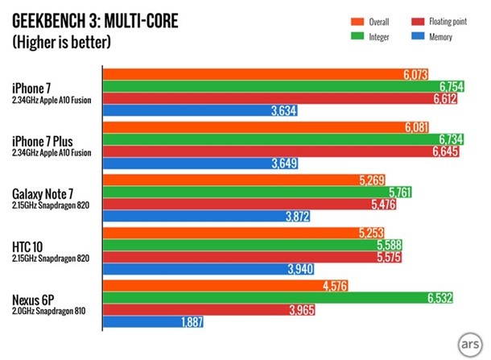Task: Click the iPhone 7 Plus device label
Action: (43, 141)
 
